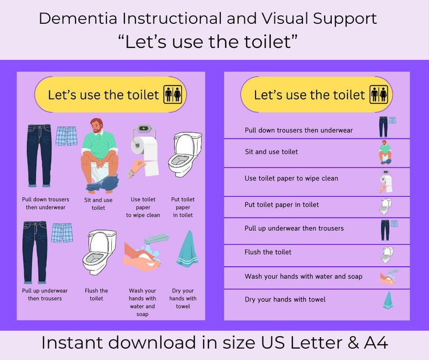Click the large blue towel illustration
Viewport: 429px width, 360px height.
click(x=187, y=249)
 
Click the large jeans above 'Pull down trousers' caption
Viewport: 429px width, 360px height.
click(x=39, y=156)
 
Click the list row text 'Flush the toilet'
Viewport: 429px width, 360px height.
click(x=268, y=252)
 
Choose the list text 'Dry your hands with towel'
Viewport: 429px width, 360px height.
click(x=285, y=299)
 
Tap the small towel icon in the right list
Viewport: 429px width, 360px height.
click(x=387, y=300)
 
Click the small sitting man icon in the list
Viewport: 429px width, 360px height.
click(x=385, y=152)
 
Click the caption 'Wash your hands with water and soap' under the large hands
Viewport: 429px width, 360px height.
click(x=142, y=302)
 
